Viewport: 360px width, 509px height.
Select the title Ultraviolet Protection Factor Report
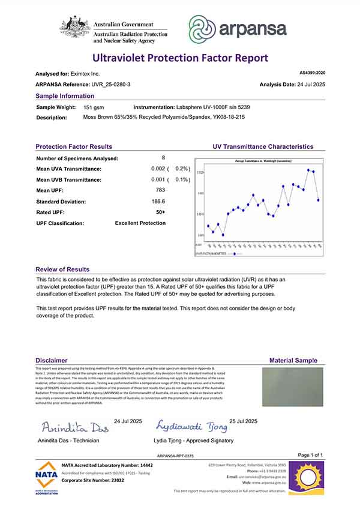click(x=180, y=58)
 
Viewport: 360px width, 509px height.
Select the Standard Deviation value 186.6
click(x=159, y=201)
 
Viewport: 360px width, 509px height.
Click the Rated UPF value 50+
click(x=160, y=212)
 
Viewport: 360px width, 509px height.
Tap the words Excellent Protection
click(x=140, y=223)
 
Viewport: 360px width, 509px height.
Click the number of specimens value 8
click(x=163, y=158)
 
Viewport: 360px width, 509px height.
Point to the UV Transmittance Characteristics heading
click(x=263, y=146)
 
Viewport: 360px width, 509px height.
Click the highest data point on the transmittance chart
click(x=308, y=170)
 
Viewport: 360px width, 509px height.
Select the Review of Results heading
click(x=62, y=270)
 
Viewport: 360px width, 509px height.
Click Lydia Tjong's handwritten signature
click(x=192, y=427)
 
